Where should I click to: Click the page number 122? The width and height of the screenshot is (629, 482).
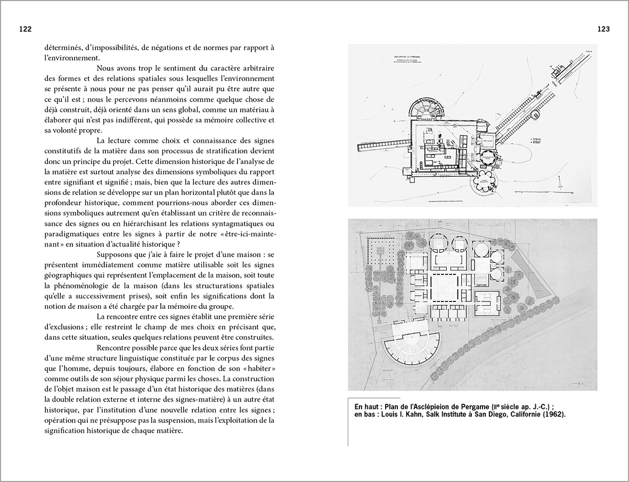tap(24, 29)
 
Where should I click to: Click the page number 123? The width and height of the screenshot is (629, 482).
tap(603, 29)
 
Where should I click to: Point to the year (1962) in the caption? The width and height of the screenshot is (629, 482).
tap(554, 414)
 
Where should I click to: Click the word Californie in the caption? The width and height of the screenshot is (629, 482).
tap(521, 414)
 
